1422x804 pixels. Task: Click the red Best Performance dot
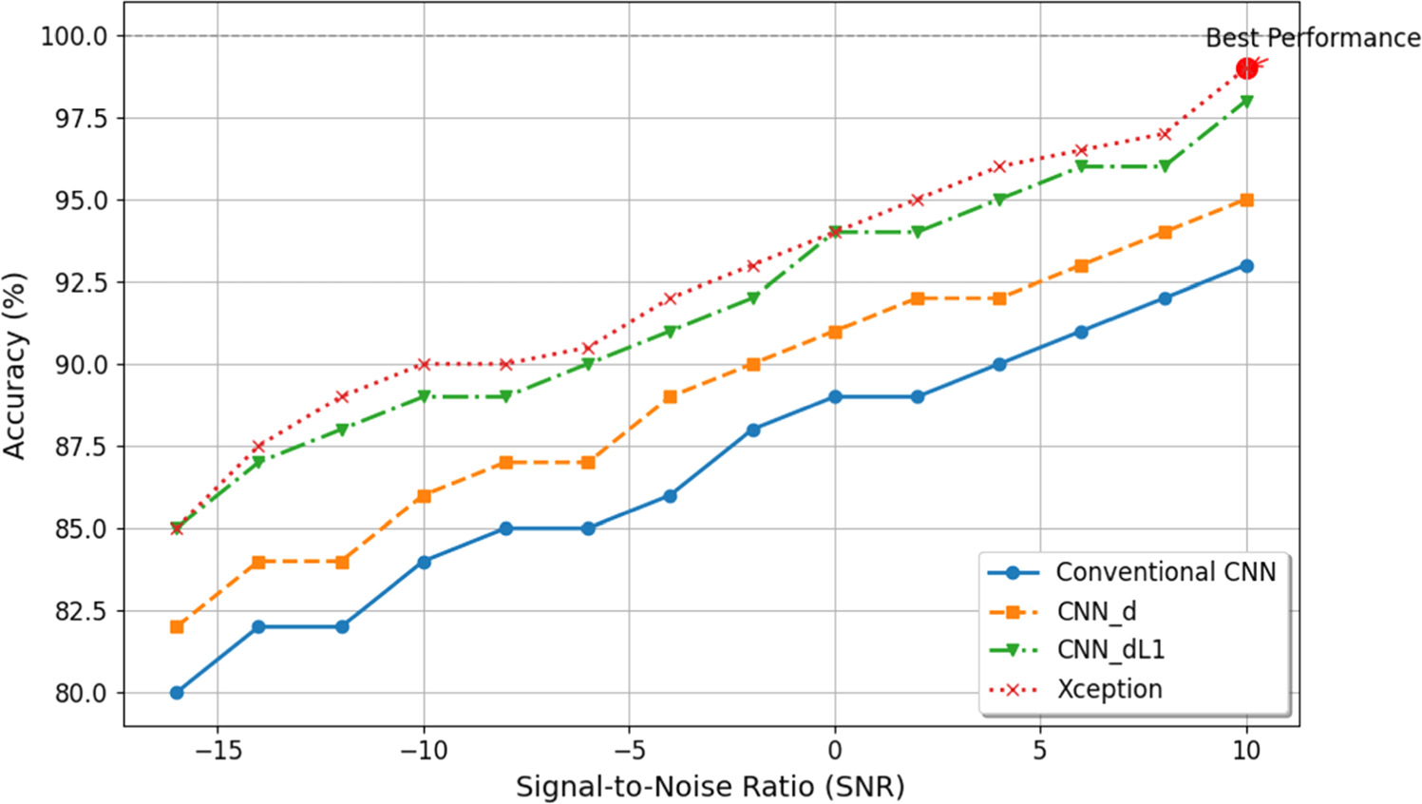click(1246, 68)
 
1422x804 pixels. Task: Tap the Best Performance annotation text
click(1313, 38)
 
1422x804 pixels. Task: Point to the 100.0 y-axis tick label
click(74, 36)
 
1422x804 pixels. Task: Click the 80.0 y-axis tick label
click(80, 693)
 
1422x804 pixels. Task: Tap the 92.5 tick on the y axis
click(80, 282)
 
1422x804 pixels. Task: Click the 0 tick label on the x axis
click(835, 750)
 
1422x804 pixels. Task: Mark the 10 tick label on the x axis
click(1246, 750)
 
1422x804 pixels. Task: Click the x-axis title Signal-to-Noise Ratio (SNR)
click(711, 787)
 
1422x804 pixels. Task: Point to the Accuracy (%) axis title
click(15, 366)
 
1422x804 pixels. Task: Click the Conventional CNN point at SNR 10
click(1246, 266)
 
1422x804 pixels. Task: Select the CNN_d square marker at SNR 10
click(1246, 201)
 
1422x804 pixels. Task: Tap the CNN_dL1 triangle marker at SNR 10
click(1246, 102)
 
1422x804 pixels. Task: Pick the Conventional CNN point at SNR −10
click(424, 562)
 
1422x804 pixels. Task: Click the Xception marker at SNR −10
click(424, 364)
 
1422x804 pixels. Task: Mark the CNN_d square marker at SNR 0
click(835, 332)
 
